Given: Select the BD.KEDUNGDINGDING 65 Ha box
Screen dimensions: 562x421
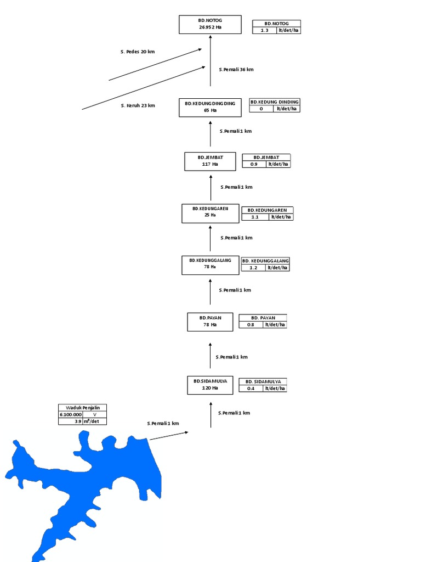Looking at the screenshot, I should click(x=210, y=108).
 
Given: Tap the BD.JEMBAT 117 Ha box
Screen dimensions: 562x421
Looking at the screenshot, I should click(x=210, y=161).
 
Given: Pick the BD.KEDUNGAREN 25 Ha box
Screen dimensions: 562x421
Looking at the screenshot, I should click(x=210, y=213).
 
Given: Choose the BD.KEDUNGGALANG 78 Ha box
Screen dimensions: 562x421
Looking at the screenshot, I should click(x=210, y=265).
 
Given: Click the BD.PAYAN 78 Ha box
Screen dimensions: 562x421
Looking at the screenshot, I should click(x=210, y=322).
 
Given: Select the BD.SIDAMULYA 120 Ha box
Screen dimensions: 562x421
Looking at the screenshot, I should click(x=210, y=385).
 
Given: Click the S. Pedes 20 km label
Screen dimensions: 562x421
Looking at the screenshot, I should click(x=138, y=52).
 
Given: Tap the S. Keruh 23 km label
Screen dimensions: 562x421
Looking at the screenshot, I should click(x=138, y=105).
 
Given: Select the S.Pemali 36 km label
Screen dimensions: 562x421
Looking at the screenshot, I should click(x=236, y=70).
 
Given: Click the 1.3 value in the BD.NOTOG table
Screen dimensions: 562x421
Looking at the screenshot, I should click(x=264, y=31).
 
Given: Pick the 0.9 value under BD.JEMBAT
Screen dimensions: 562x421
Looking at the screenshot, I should click(x=254, y=164).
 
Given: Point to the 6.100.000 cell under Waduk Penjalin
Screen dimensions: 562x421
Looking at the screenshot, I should click(x=71, y=415).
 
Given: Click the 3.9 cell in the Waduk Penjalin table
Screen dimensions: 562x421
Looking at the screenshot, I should click(x=71, y=421).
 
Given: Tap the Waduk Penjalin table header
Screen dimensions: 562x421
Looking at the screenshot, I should click(x=83, y=408).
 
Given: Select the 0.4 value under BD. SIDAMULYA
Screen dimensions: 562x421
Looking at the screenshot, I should click(x=251, y=389).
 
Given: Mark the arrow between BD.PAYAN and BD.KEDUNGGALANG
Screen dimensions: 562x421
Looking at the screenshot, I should click(x=210, y=291).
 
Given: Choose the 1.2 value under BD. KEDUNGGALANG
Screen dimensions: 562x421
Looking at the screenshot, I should click(x=253, y=268).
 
